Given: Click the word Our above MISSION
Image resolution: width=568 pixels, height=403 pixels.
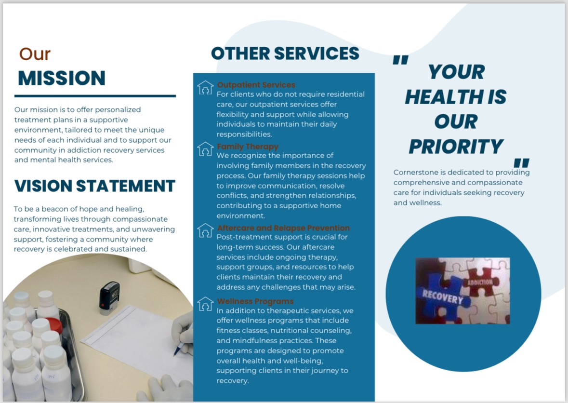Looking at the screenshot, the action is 35,54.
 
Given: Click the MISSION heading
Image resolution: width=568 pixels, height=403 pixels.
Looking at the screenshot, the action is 62,78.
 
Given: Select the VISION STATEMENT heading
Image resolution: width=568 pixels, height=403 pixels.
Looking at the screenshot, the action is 94,186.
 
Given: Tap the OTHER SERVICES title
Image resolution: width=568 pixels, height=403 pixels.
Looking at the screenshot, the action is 285,54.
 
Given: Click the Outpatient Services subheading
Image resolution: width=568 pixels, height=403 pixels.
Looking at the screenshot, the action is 256,85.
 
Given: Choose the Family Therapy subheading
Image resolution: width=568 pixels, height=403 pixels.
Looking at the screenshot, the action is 248,147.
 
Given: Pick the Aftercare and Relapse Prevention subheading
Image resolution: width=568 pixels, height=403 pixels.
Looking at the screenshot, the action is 283,228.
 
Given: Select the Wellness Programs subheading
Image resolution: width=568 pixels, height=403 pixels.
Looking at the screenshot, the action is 255,301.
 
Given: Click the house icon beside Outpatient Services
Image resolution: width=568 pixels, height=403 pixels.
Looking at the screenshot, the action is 205,87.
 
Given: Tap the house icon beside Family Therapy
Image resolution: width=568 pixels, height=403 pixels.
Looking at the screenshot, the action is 205,149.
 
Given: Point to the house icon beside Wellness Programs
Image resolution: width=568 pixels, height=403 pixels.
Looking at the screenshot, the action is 205,304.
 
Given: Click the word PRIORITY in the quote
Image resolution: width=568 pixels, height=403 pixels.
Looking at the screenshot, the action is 456,147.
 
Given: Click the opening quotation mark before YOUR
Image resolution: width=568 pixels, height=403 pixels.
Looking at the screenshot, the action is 401,60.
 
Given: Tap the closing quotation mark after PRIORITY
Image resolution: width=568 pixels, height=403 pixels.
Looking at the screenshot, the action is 522,163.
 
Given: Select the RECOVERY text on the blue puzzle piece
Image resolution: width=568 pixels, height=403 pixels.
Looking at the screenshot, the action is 442,297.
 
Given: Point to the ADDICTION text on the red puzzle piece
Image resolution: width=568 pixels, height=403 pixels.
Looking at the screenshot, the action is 480,282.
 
